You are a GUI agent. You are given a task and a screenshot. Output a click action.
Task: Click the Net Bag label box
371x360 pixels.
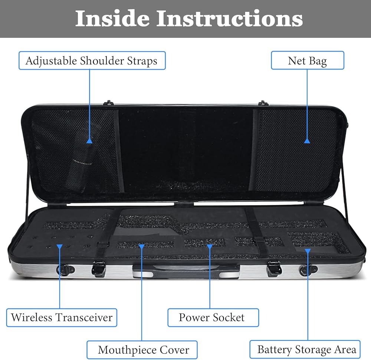[x=307, y=60]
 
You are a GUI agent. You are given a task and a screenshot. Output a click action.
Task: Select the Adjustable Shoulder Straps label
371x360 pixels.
[x=92, y=61]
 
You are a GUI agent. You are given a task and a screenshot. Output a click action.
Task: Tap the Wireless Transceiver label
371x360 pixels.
[x=62, y=317]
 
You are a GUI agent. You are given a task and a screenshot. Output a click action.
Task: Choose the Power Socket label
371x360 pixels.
[x=212, y=317]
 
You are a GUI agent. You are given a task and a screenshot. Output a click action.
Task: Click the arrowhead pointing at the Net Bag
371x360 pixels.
[x=307, y=141]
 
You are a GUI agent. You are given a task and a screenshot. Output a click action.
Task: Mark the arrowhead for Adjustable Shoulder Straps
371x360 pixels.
[x=89, y=141]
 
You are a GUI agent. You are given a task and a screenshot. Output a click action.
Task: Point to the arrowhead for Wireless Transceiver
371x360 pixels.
[x=59, y=246]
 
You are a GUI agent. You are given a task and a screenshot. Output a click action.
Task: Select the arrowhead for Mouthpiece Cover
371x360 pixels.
[x=141, y=246]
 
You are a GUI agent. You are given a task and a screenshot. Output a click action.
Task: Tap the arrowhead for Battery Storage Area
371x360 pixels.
[x=307, y=251]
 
